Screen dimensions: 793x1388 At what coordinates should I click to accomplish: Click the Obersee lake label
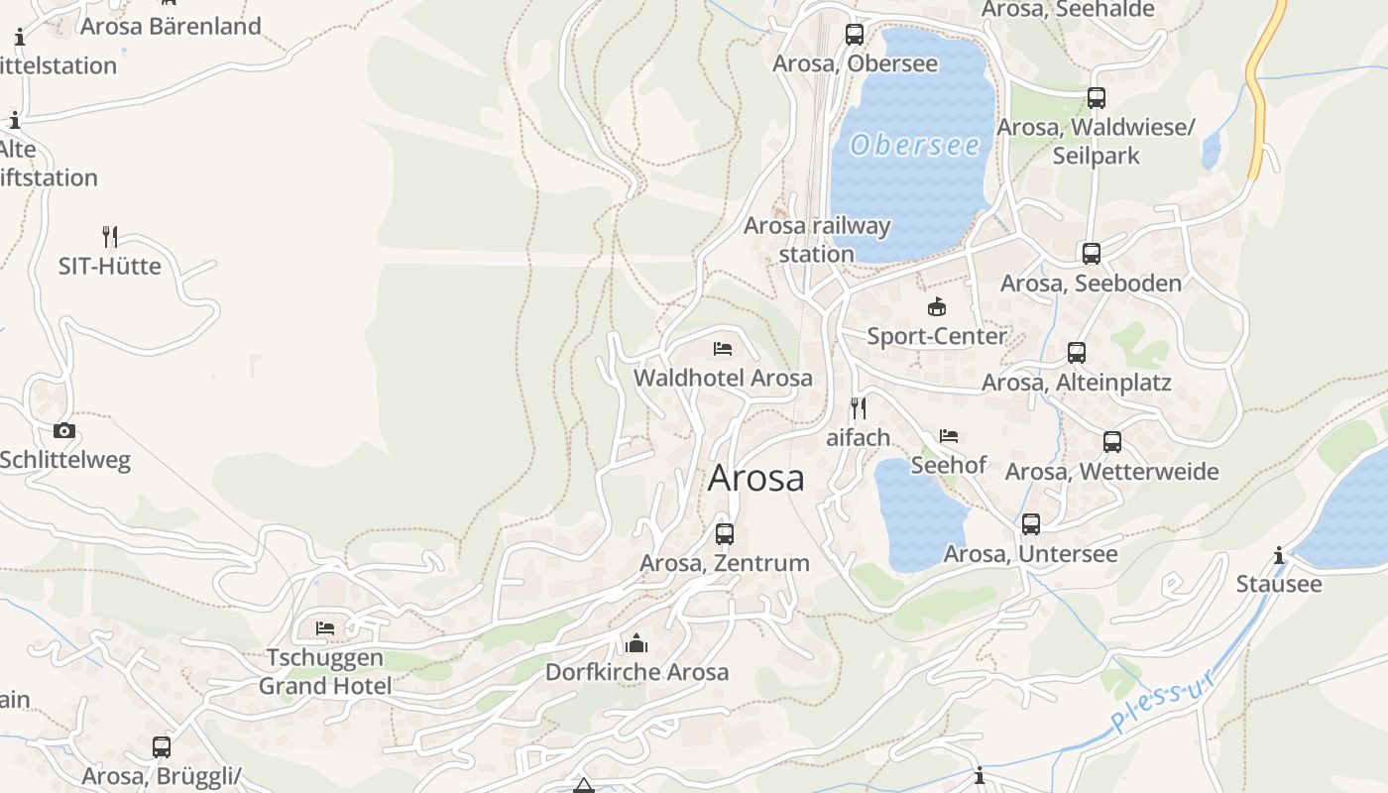(915, 146)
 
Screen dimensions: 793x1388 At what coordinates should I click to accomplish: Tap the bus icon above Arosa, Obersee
(855, 35)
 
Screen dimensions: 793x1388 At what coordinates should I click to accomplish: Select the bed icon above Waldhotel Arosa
(723, 348)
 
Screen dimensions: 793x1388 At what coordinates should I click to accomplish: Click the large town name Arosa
(756, 478)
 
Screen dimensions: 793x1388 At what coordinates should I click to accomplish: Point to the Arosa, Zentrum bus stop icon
(725, 534)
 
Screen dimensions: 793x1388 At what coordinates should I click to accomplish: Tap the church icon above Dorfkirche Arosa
(636, 644)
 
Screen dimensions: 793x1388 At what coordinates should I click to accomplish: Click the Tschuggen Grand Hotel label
(325, 672)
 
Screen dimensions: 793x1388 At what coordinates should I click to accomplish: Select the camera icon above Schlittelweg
(64, 430)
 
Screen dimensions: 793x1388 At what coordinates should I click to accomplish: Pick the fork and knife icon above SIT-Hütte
(110, 237)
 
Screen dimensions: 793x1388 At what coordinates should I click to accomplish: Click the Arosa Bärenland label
(171, 26)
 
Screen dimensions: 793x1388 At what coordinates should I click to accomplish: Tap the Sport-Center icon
(936, 306)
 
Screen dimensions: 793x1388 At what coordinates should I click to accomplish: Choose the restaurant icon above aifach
(859, 407)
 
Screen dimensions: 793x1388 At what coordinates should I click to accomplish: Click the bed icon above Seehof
(949, 435)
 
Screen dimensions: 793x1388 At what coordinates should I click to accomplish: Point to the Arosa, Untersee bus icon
(1031, 524)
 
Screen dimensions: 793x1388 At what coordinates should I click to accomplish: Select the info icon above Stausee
(1279, 555)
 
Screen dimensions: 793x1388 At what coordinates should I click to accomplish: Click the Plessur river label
(1163, 703)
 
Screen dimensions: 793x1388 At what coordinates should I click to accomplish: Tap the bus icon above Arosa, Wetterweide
(1112, 442)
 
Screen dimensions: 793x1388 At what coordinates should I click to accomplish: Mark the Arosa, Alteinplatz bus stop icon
(1077, 353)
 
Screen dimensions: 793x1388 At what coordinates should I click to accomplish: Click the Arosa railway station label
(817, 240)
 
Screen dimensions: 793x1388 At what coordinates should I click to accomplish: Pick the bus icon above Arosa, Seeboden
(1092, 254)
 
